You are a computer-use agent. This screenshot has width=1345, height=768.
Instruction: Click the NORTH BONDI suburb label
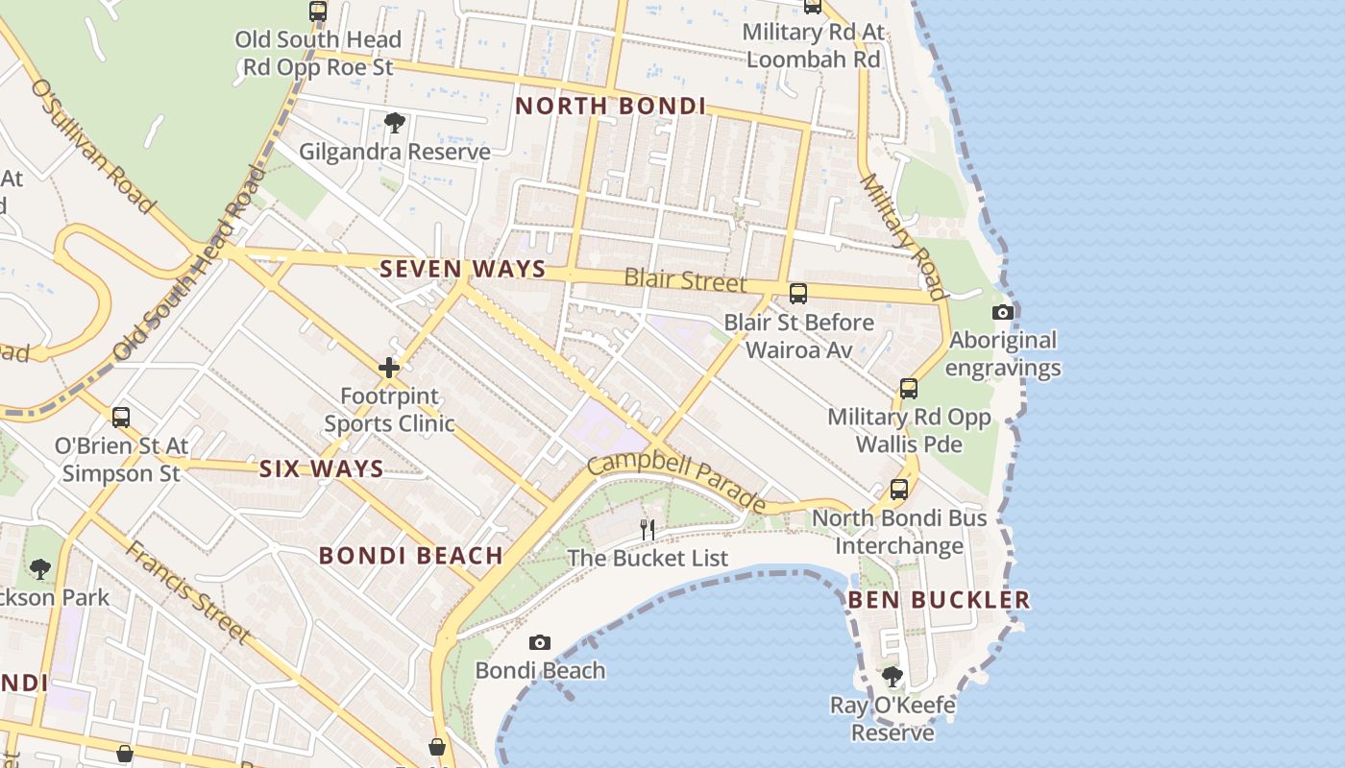[x=610, y=106]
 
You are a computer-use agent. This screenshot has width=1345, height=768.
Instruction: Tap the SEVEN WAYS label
[x=462, y=269]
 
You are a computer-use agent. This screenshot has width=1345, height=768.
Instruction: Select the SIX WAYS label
[x=321, y=469]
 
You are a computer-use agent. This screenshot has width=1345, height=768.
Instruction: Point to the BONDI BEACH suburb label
[x=411, y=555]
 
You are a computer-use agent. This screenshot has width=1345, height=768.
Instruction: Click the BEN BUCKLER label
[x=939, y=600]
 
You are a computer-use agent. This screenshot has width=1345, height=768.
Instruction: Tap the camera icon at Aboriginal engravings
[x=1002, y=312]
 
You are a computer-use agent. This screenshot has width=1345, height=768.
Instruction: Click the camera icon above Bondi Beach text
[x=540, y=642]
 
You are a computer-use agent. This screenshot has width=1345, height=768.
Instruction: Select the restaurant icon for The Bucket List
[x=648, y=529]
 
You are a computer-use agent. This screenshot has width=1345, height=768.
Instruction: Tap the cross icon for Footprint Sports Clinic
[x=389, y=368]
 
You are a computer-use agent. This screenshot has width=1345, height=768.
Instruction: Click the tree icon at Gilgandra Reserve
[x=394, y=122]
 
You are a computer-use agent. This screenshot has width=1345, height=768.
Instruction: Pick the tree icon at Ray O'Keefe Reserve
[x=893, y=677]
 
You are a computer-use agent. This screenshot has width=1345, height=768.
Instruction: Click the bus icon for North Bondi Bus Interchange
[x=898, y=490]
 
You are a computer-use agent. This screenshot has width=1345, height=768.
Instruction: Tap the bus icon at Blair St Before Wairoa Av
[x=797, y=294]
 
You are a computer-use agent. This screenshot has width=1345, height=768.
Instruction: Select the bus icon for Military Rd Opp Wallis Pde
[x=909, y=389]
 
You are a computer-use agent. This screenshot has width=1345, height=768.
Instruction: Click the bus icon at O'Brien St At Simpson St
[x=121, y=418]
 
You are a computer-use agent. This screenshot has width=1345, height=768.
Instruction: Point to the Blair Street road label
[x=685, y=280]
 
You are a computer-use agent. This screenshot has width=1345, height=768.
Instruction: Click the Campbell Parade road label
[x=676, y=483]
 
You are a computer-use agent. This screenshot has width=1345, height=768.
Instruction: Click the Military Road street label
[x=903, y=235]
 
